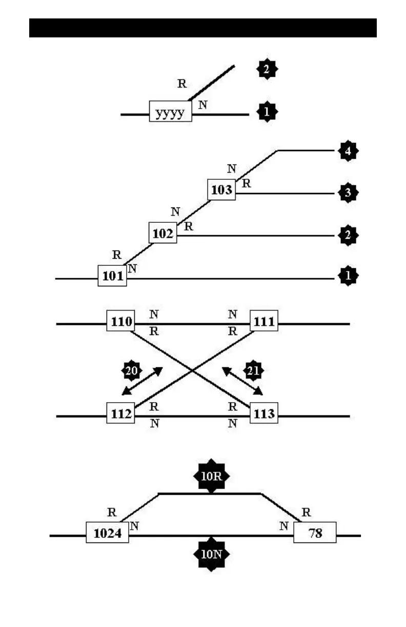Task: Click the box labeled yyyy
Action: coord(170,111)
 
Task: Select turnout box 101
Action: coord(112,276)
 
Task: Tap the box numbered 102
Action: coord(163,233)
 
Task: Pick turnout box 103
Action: coord(221,190)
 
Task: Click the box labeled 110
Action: coord(120,321)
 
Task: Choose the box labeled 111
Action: coord(263,321)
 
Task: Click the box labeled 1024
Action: coord(107,533)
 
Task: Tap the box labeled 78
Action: coord(315,533)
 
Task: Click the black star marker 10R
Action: coord(211,476)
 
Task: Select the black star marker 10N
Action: coord(211,554)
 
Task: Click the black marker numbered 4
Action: coord(349,152)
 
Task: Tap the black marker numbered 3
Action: coord(349,193)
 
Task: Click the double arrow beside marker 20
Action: coord(143,381)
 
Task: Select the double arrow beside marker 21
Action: coord(242,381)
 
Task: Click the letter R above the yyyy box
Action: coord(181,84)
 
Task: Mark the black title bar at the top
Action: coord(203,28)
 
